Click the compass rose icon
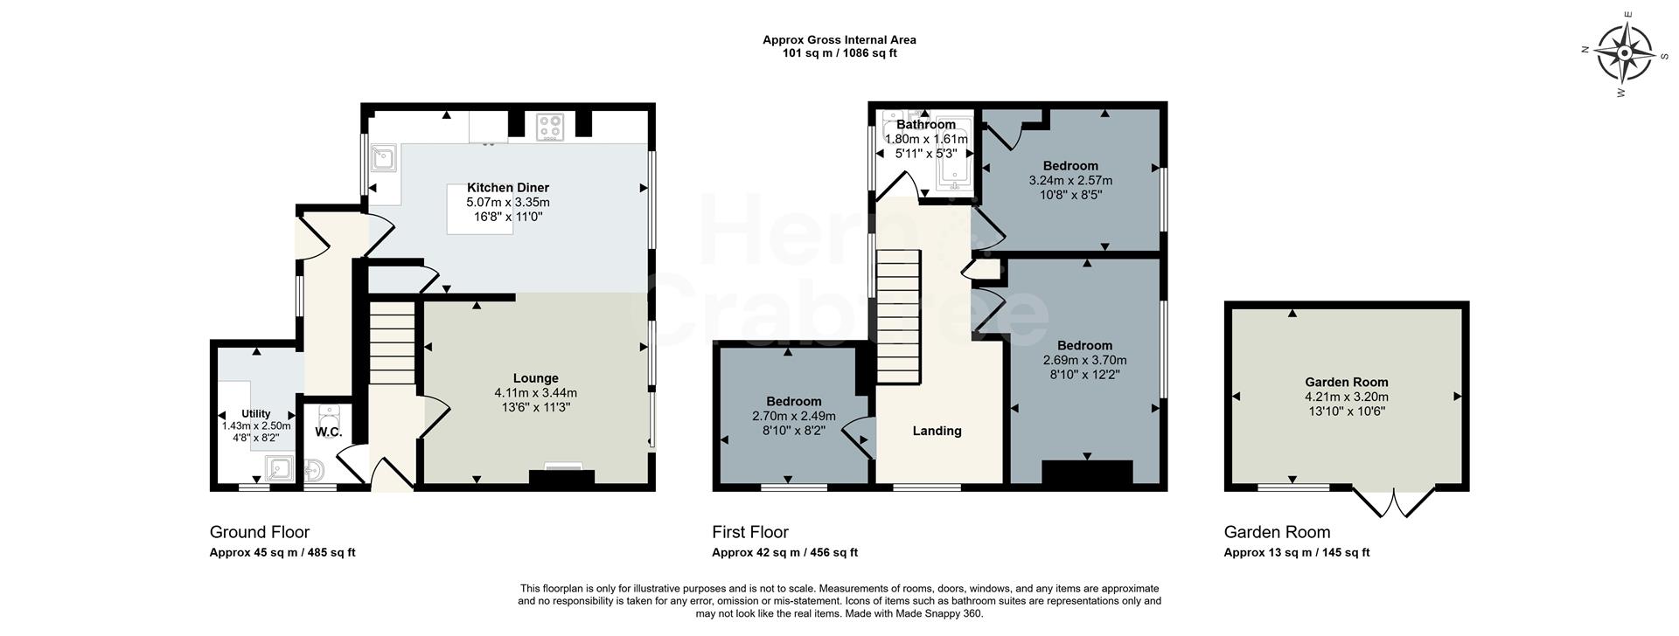1624,54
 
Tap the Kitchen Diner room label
507,188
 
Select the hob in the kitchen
550,127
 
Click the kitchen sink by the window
384,158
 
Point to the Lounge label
535,378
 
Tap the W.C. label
328,432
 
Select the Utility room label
256,414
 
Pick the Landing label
937,431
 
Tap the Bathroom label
926,125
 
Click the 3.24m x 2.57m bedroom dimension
1070,181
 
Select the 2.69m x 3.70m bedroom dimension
1084,360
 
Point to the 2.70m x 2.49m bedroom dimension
793,416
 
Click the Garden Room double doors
1394,503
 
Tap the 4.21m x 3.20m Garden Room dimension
1346,397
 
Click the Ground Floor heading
259,532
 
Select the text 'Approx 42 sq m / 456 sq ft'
784,553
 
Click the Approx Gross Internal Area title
839,39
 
